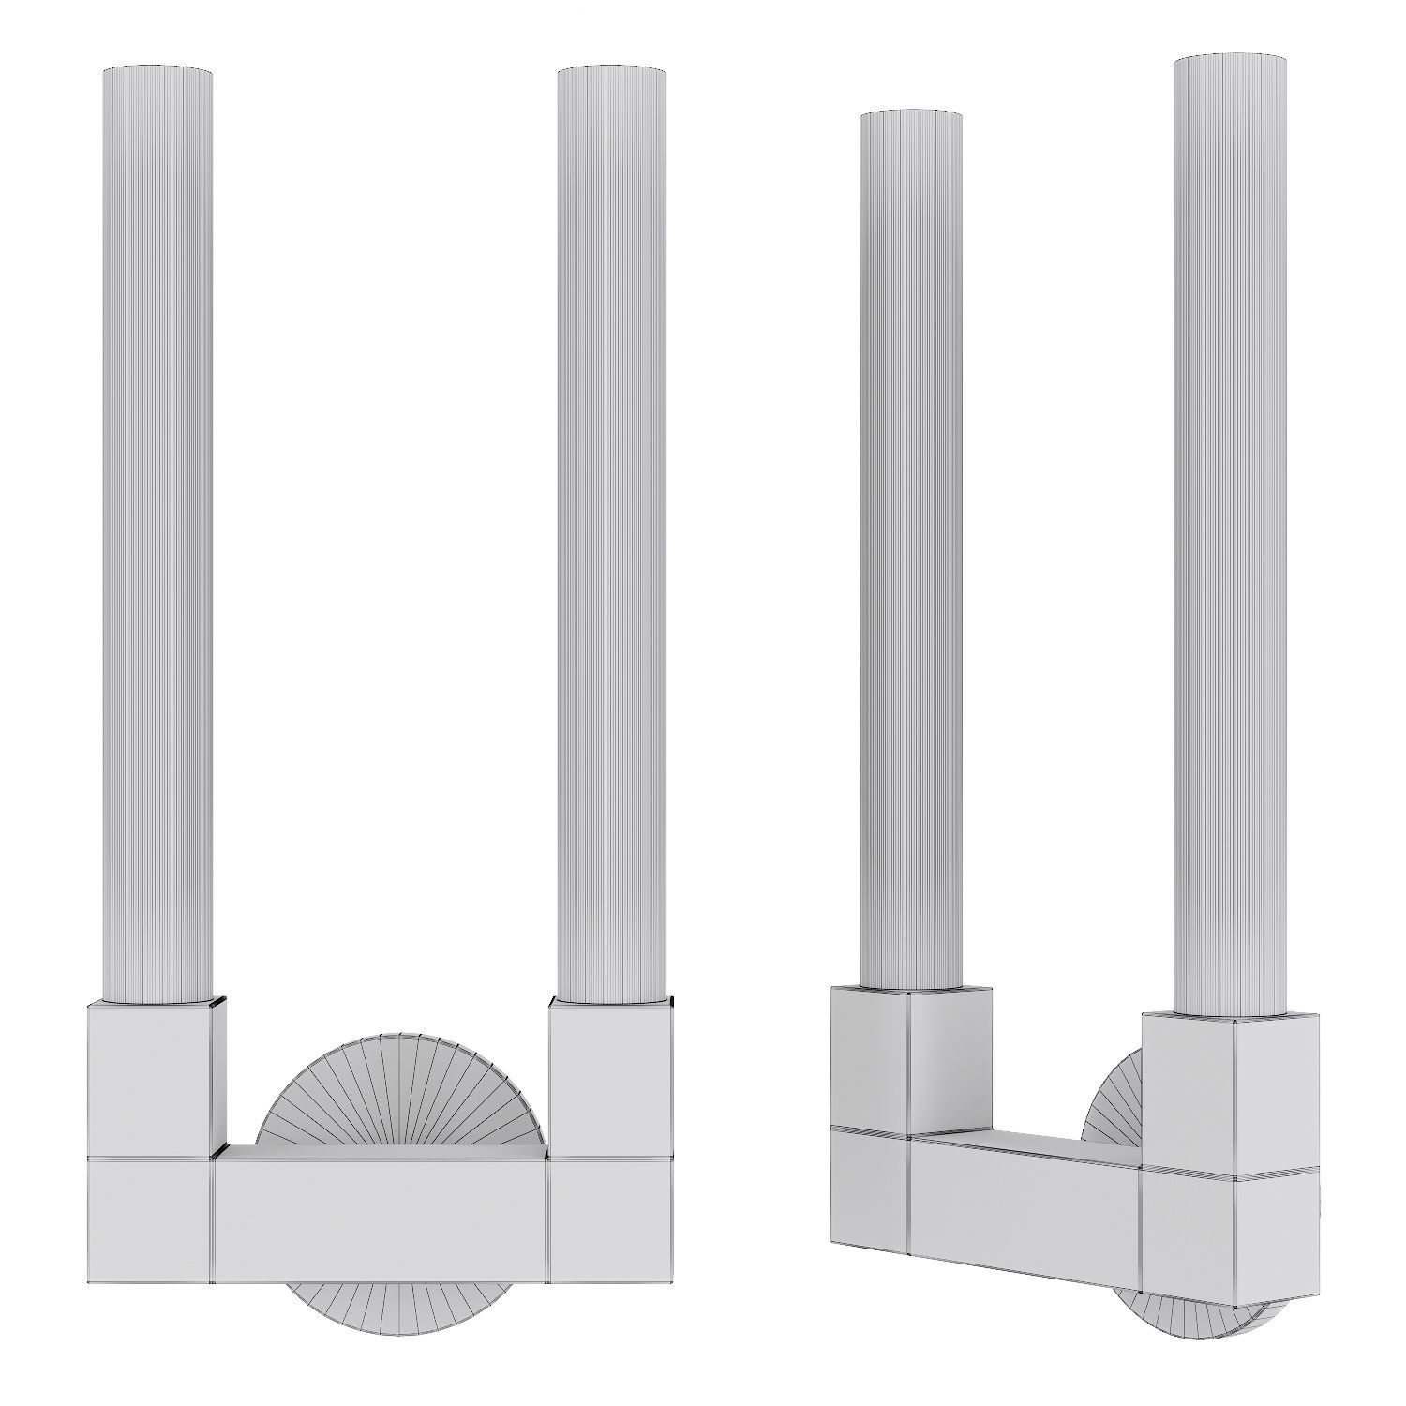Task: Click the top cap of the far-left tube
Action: click(157, 70)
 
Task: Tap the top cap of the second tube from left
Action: click(611, 70)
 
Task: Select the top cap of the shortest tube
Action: click(910, 114)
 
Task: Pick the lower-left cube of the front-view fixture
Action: click(150, 1219)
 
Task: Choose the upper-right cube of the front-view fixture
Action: click(609, 1078)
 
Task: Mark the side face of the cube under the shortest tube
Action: click(949, 1059)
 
